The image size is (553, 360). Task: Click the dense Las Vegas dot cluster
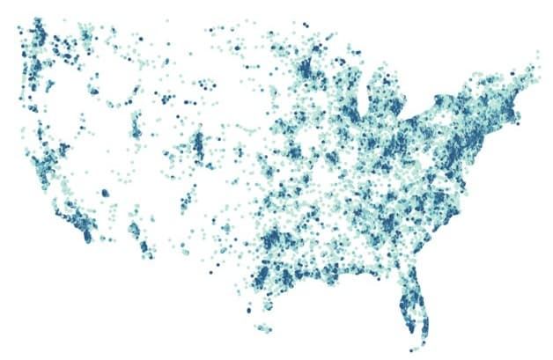click(x=105, y=192)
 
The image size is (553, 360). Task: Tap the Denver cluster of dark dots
click(x=197, y=143)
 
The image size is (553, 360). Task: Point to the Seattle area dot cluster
click(x=39, y=35)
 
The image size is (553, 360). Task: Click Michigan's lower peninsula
click(x=388, y=110)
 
